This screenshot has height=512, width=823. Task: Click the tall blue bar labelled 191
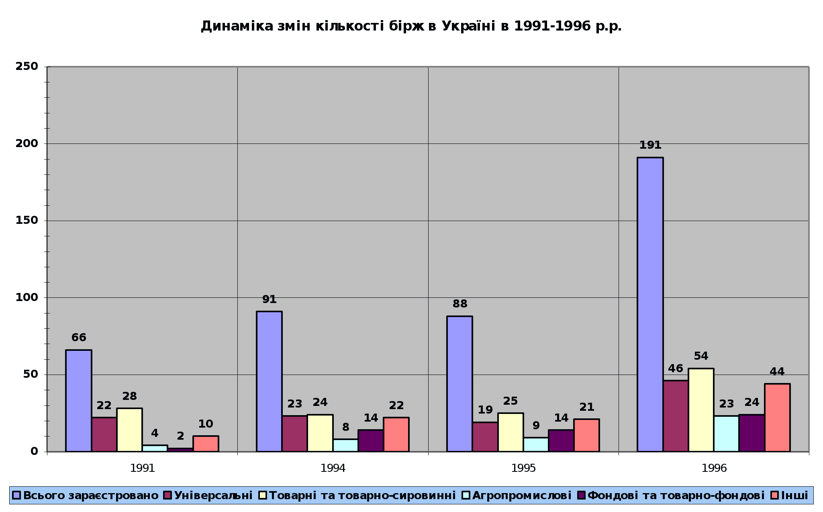point(650,304)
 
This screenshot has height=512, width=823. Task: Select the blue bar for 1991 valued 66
point(79,401)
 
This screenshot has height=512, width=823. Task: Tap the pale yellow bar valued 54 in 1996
point(701,410)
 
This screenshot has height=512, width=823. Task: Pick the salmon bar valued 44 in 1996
point(777,418)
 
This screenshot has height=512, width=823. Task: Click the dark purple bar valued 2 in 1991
point(180,450)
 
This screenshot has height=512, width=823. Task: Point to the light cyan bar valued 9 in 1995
point(536,444)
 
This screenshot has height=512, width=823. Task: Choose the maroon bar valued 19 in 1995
point(485,437)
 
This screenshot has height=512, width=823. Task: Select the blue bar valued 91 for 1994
point(269,381)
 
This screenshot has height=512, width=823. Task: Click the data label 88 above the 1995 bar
point(460,304)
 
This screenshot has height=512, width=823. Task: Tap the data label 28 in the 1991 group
point(129,396)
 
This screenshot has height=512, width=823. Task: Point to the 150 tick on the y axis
point(27,220)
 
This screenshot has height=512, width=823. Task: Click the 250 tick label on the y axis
point(27,66)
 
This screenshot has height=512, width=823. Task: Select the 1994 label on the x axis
point(333,468)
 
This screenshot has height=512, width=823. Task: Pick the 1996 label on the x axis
point(714,468)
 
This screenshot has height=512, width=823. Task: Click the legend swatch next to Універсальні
point(168,495)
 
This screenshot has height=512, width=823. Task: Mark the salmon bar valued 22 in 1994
point(396,434)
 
